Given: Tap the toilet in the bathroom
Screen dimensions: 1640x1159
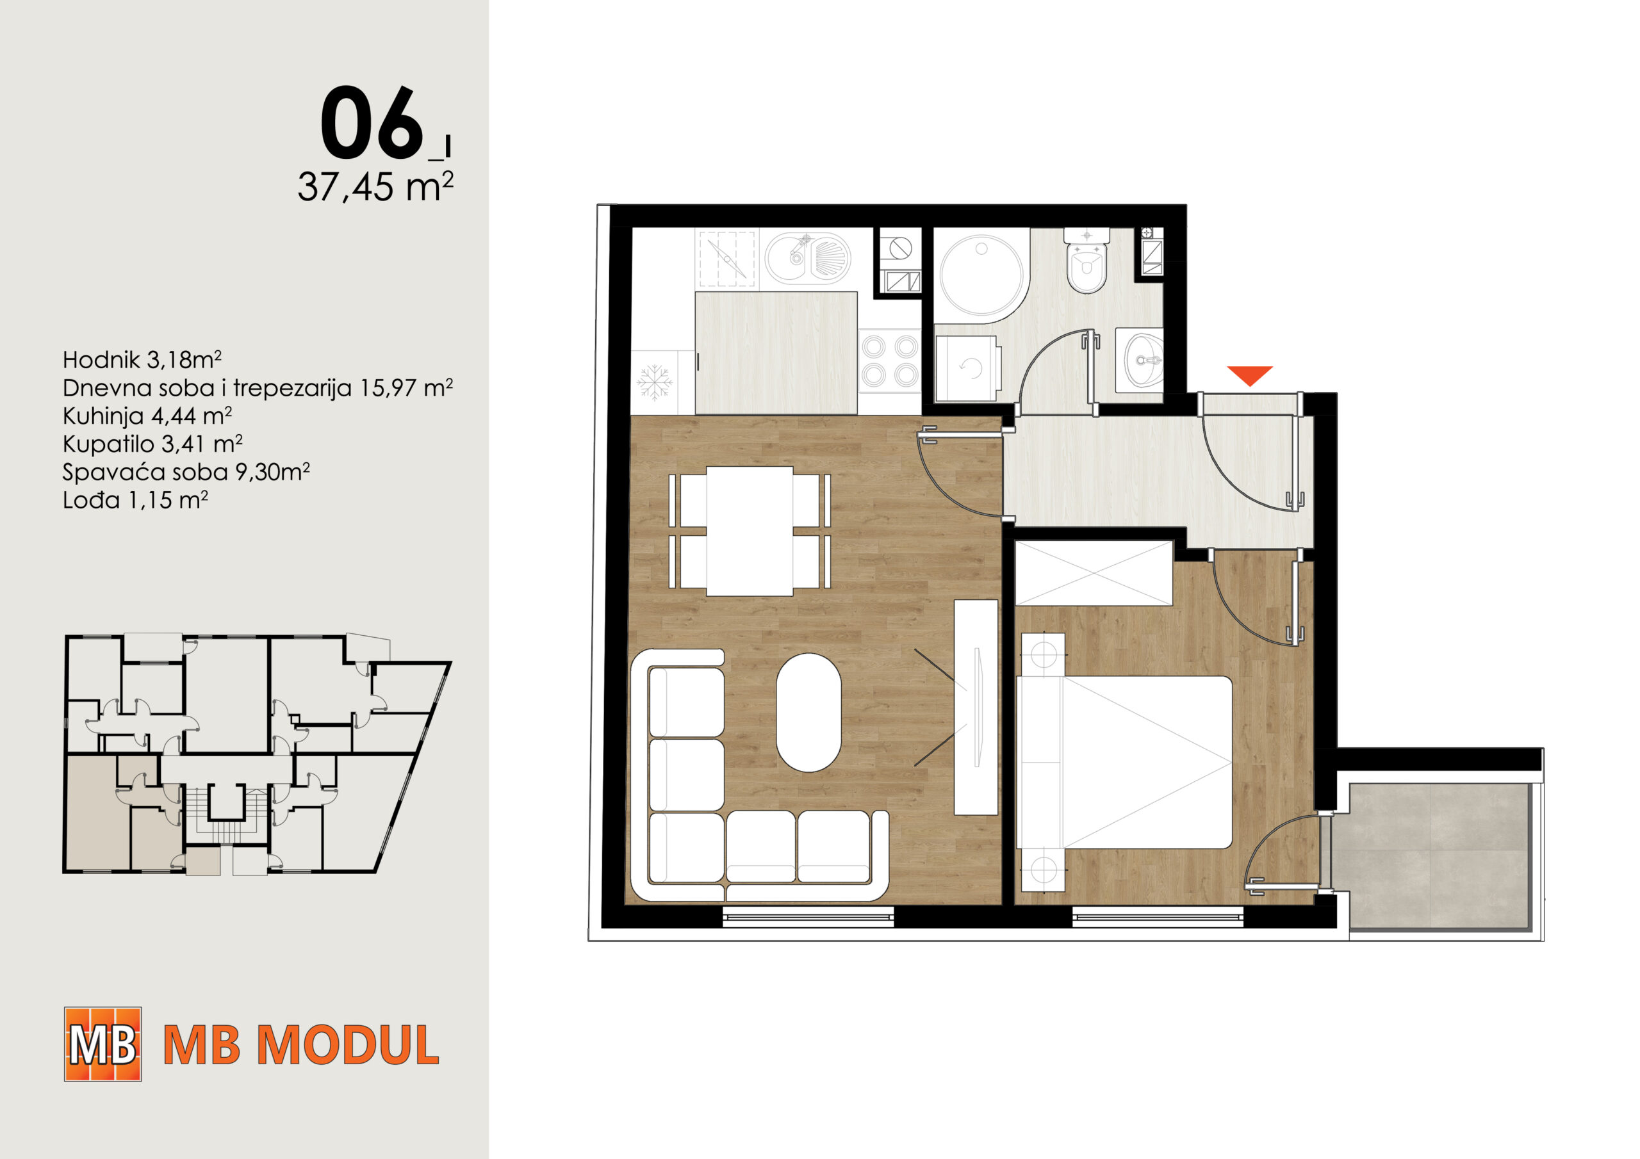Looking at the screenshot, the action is click(x=1086, y=260).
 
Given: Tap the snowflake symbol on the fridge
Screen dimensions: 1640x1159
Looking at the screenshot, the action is click(x=654, y=382).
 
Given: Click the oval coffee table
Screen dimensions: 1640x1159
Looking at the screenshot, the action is click(x=808, y=713).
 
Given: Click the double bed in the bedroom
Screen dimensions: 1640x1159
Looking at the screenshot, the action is click(x=1125, y=762).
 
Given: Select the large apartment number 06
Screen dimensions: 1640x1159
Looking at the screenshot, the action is click(x=372, y=123).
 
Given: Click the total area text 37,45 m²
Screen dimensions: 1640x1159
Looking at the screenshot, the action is click(x=375, y=187).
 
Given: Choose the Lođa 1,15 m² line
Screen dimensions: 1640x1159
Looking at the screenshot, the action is click(x=135, y=500).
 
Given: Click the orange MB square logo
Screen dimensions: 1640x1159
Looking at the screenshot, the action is click(x=103, y=1044).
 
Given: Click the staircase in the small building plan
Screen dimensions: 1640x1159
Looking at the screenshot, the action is click(x=225, y=815).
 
